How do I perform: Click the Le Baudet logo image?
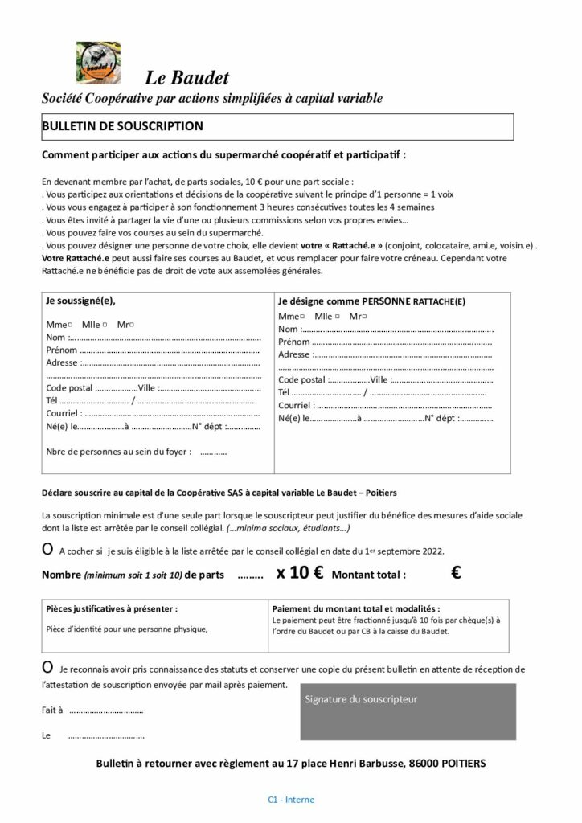[97, 63]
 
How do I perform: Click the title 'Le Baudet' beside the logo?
[187, 77]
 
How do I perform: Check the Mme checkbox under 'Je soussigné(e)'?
[71, 324]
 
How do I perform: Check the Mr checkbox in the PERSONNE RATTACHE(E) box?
[364, 317]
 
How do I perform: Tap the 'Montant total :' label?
[369, 575]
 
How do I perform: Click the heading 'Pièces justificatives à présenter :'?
[113, 608]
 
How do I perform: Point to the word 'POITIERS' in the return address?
[461, 762]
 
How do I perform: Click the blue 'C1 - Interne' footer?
[291, 800]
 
